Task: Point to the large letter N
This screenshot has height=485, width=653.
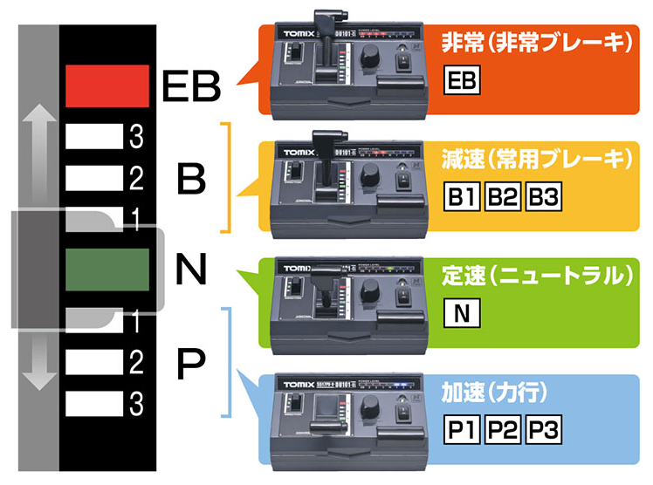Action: click(190, 270)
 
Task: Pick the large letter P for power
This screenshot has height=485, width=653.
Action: click(192, 363)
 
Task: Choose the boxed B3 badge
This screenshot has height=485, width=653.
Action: click(542, 196)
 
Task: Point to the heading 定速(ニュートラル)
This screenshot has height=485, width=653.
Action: click(536, 276)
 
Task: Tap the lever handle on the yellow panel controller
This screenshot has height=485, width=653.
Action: click(318, 140)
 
